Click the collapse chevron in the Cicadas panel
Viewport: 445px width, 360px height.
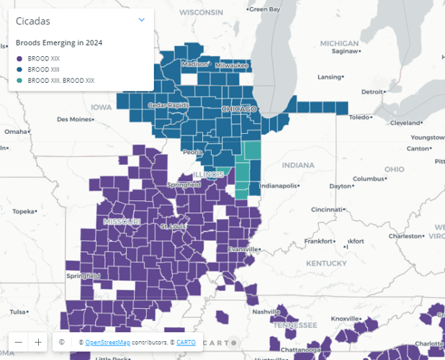click(142, 20)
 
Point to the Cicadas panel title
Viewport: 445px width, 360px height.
click(32, 21)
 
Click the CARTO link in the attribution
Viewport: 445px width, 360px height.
click(186, 342)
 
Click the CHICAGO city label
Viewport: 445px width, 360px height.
click(238, 109)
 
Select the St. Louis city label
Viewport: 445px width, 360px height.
click(173, 226)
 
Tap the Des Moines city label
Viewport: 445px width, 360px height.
click(74, 119)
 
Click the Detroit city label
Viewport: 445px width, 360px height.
click(372, 91)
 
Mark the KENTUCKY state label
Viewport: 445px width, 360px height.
click(325, 264)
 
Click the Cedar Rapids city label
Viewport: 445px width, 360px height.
click(166, 105)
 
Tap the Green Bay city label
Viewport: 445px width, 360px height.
click(264, 9)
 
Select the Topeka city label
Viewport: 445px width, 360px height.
click(23, 212)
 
